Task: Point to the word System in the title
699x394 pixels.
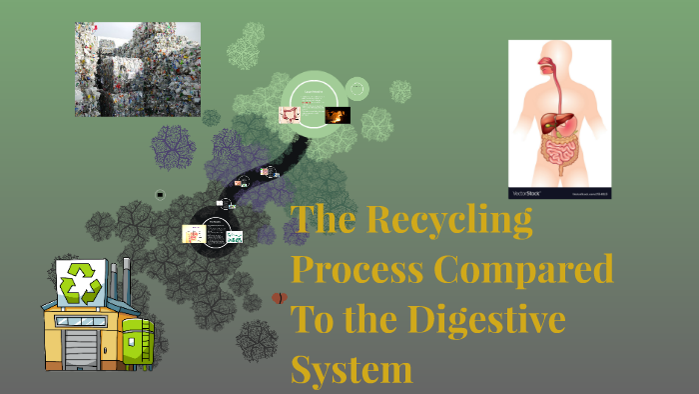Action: click(x=351, y=369)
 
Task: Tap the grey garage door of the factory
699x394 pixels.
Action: click(x=81, y=346)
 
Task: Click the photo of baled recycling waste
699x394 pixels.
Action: click(x=137, y=69)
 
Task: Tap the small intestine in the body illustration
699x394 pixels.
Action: click(x=560, y=156)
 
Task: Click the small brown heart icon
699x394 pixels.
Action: click(x=280, y=298)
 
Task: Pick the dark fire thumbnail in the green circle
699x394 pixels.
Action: click(x=337, y=115)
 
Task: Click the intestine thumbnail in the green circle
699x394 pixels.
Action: click(x=291, y=115)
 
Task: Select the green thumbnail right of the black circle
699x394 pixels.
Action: click(x=235, y=237)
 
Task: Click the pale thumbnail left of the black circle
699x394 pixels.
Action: click(x=193, y=234)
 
